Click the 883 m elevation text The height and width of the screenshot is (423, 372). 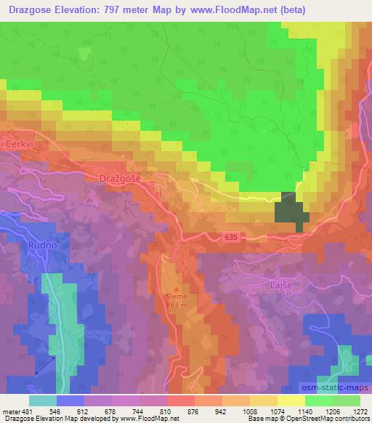coord(177,305)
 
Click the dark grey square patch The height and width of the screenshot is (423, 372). coord(291,209)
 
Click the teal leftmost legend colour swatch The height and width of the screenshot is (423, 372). coord(43,400)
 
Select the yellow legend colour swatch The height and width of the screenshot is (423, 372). coord(291,400)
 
